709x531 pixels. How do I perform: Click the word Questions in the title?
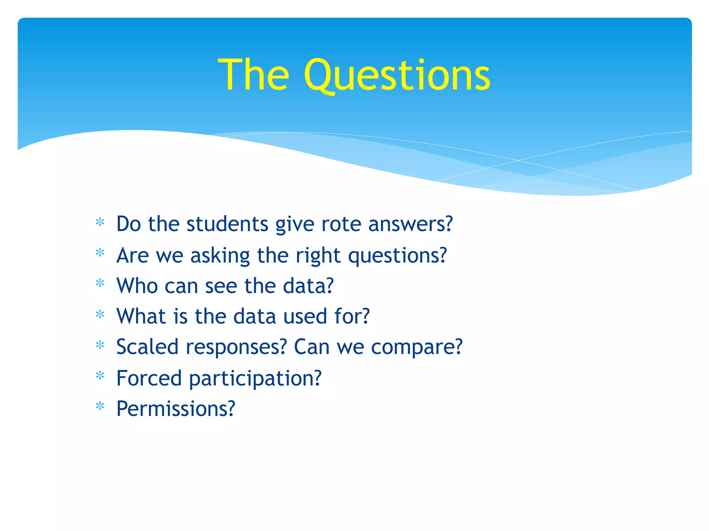397,75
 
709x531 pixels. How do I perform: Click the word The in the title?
253,75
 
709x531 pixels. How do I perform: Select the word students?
227,224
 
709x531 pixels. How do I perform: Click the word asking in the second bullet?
220,256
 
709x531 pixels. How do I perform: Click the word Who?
137,286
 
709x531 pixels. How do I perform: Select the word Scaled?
147,347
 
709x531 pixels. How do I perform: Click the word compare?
416,347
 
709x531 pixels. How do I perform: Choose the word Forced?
149,378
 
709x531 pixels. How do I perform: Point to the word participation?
255,379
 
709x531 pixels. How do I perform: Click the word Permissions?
176,409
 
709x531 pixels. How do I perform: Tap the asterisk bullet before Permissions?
100,406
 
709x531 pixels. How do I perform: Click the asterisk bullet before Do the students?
100,222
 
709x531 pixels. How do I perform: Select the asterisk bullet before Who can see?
100,284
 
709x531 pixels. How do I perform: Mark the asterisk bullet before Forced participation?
100,375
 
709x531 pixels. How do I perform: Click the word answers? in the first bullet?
410,224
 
